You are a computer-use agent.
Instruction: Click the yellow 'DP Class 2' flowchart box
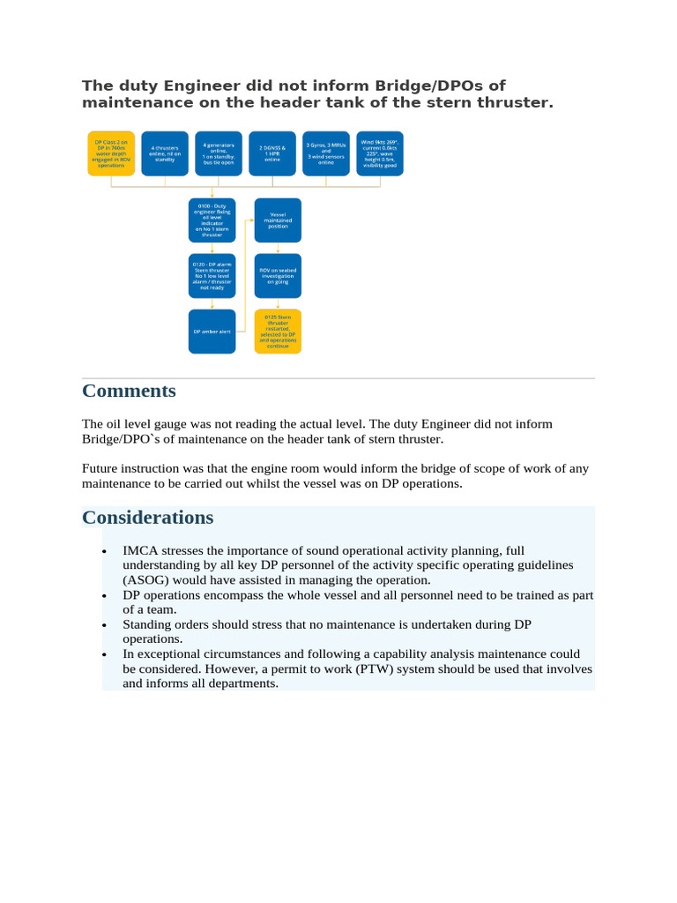[x=111, y=153]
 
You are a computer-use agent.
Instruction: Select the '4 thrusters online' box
[x=165, y=153]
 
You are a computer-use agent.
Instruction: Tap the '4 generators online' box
[x=218, y=153]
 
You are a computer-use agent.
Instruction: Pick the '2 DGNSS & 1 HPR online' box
[x=272, y=153]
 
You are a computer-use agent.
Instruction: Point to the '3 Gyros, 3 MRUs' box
[x=325, y=153]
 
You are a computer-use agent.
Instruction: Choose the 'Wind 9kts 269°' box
[x=380, y=153]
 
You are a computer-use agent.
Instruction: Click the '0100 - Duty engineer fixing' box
[x=212, y=220]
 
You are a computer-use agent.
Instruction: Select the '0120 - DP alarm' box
[x=212, y=275]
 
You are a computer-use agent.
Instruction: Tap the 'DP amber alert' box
[x=212, y=332]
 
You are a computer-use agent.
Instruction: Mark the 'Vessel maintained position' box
[x=278, y=220]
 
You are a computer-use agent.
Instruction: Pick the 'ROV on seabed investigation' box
[x=278, y=275]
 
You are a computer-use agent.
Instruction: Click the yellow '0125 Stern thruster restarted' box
[x=278, y=332]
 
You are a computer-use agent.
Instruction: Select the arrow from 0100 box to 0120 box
[x=212, y=248]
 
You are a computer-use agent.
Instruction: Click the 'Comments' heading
[x=129, y=391]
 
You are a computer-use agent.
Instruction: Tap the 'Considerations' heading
[x=148, y=517]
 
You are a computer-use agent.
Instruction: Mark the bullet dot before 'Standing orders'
[x=106, y=626]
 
